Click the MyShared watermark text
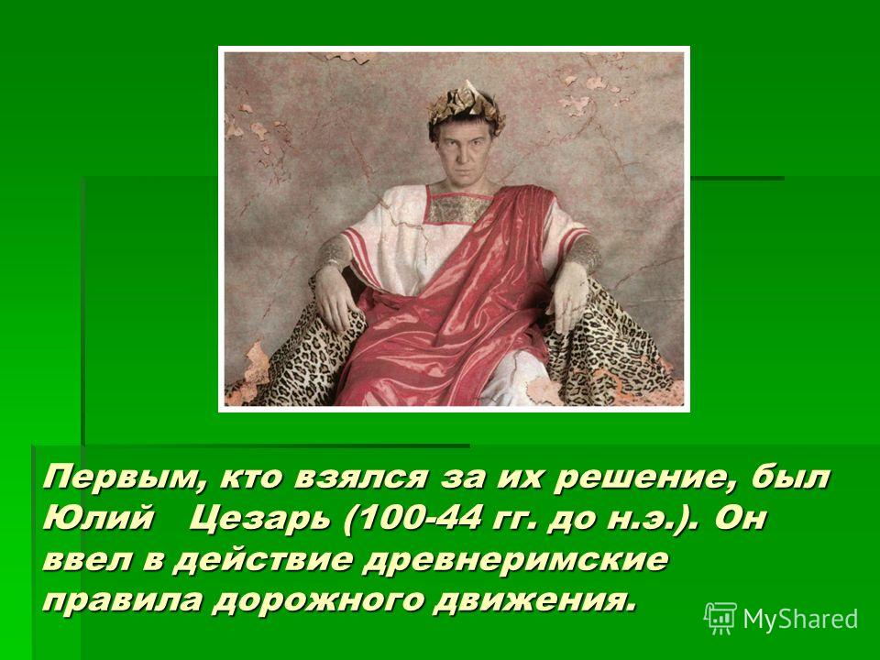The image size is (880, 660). [x=801, y=619]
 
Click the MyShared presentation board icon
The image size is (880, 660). [x=720, y=619]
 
